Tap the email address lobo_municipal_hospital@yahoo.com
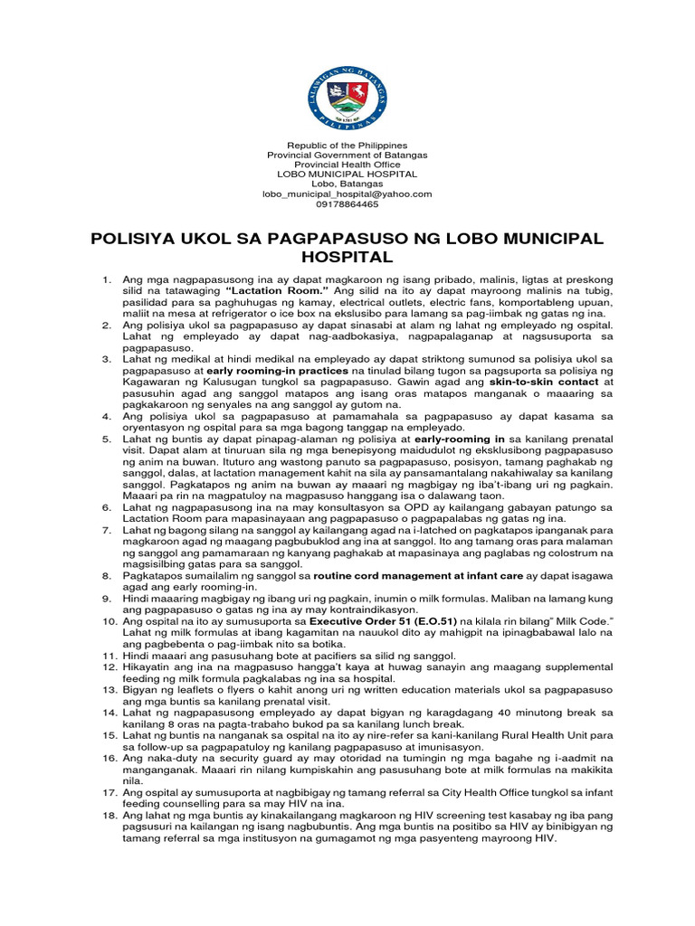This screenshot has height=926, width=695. (x=347, y=194)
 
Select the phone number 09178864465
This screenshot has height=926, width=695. (x=347, y=203)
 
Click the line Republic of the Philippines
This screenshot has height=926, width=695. (x=347, y=146)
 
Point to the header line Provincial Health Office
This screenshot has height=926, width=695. (x=347, y=165)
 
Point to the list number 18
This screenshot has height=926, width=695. (x=108, y=817)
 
